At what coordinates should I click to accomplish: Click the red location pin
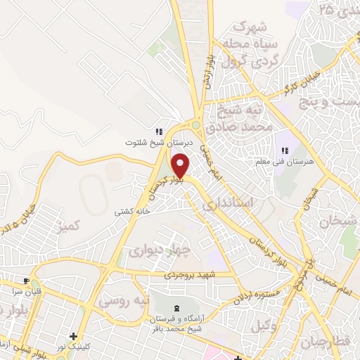tap(181, 165)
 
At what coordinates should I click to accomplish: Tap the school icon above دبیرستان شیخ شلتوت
tap(159, 131)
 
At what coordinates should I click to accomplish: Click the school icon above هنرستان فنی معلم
tap(285, 150)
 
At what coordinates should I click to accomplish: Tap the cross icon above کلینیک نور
tap(73, 336)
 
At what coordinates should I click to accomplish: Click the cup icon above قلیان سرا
tap(25, 279)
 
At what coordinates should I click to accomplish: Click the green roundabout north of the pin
tap(195, 127)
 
